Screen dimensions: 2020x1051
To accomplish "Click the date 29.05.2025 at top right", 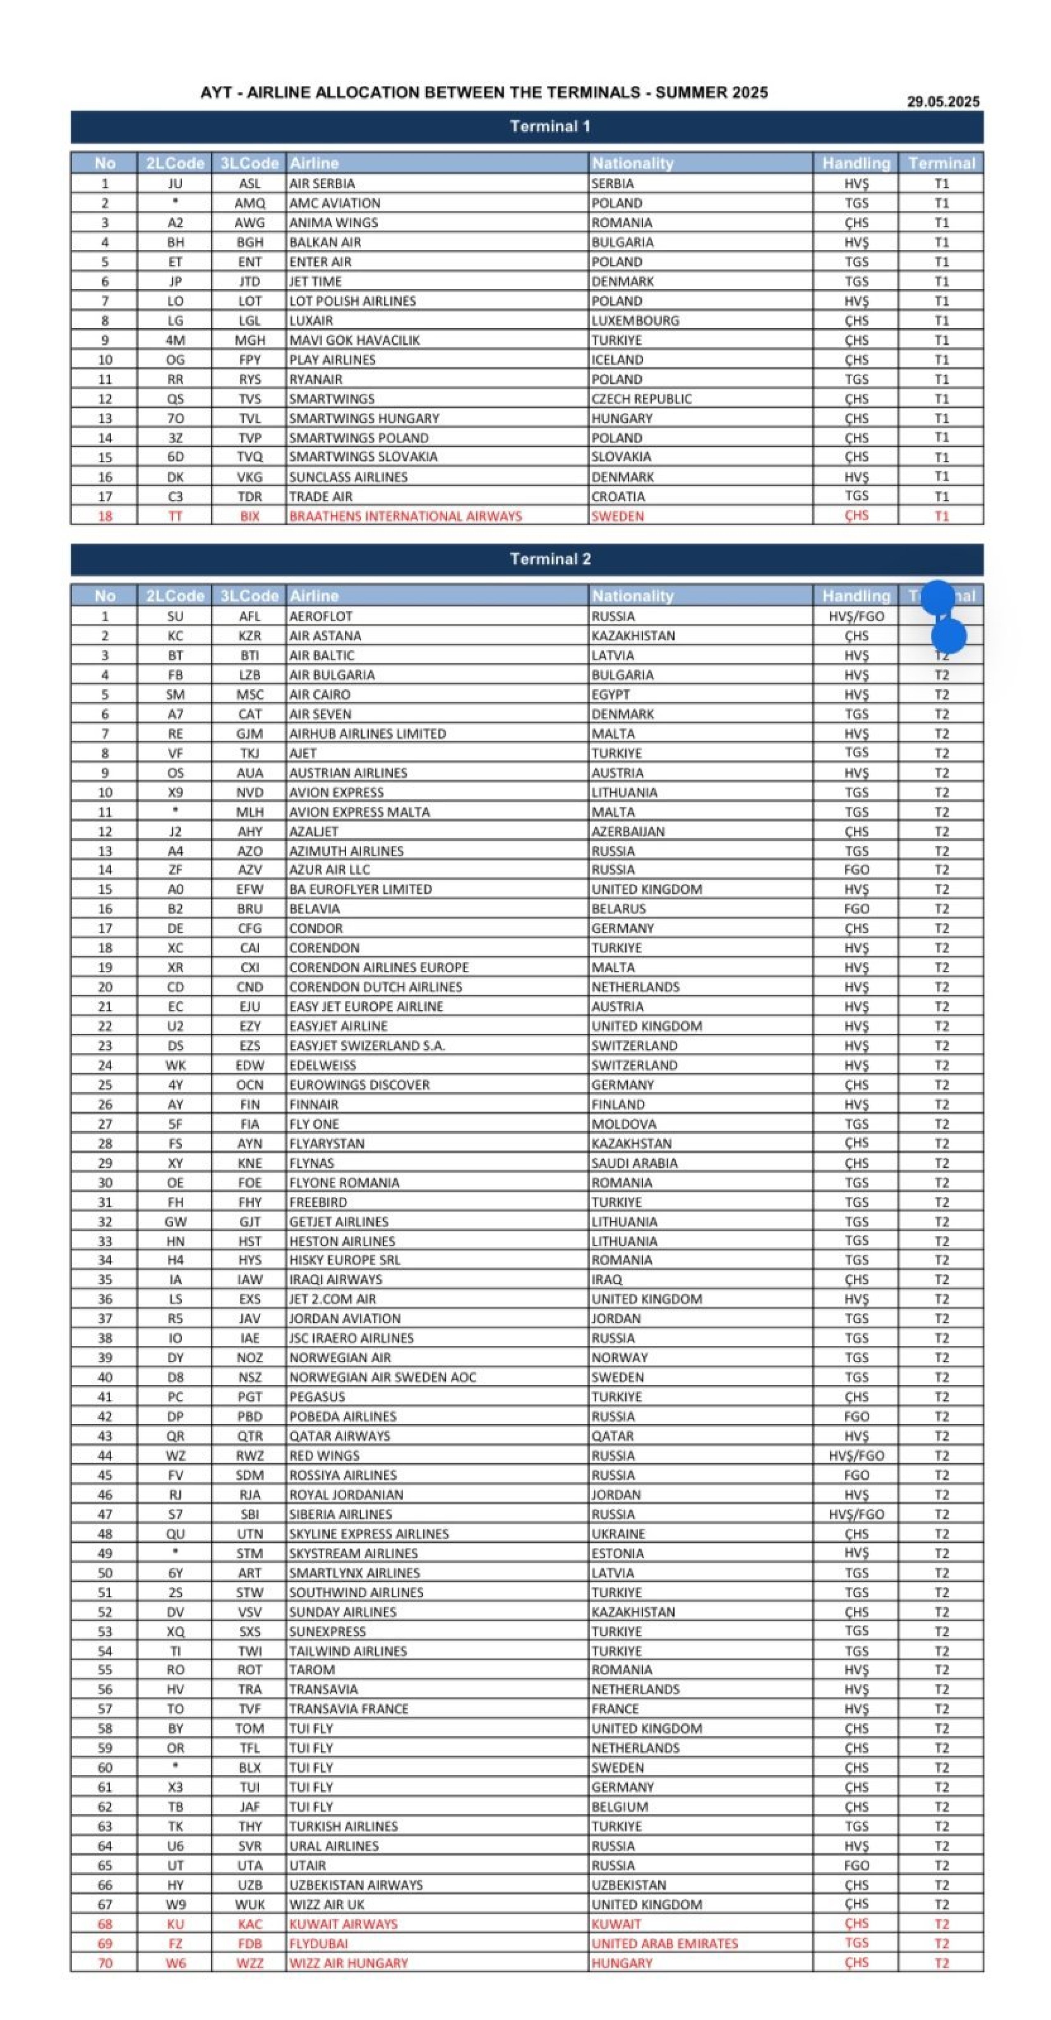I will coord(943,101).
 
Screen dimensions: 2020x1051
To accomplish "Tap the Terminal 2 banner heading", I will coord(550,559).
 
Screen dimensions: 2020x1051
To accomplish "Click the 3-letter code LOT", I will coord(250,301).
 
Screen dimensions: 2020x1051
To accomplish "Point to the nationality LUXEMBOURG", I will coord(635,321).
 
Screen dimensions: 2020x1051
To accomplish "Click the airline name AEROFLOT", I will coord(321,616).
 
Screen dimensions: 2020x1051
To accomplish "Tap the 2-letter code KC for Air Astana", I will coord(175,636).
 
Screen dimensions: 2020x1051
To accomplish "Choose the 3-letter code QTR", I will coord(250,1436).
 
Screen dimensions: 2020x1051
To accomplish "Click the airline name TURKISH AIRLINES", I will coord(343,1826).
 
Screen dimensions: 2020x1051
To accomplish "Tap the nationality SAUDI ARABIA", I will coord(634,1163).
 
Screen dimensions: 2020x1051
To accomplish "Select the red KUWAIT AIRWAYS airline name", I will coord(343,1924).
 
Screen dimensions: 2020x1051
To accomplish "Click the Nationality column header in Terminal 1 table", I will coord(632,163).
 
